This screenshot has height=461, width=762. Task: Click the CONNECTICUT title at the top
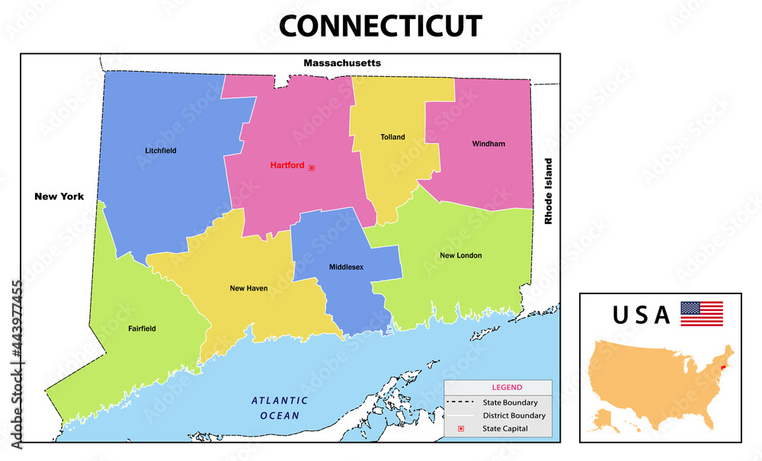pos(380,26)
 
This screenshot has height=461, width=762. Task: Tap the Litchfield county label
pos(161,151)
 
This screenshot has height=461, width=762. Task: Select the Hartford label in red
pos(287,165)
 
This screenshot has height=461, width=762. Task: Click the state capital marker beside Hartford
pos(311,167)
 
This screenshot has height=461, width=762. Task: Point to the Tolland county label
pos(392,137)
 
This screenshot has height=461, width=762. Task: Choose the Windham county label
pos(488,143)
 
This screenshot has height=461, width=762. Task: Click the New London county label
pos(460,255)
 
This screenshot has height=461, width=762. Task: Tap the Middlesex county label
pos(346,267)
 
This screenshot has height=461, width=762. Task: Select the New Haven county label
pos(248,288)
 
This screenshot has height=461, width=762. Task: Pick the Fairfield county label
pos(142,328)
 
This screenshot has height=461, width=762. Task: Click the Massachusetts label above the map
pos(342,62)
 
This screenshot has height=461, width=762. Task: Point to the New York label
pos(59,196)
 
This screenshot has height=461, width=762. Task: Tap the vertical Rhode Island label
pos(547,191)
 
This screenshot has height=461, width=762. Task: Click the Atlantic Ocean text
pos(280,408)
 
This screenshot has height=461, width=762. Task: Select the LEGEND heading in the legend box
pos(507,387)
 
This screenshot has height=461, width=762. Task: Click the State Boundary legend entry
pos(510,402)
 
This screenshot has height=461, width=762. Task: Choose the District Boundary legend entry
pos(514,415)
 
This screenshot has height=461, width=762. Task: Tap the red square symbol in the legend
pos(461,429)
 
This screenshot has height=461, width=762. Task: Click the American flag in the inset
pos(701,313)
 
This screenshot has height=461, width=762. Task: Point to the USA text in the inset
pos(642,314)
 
